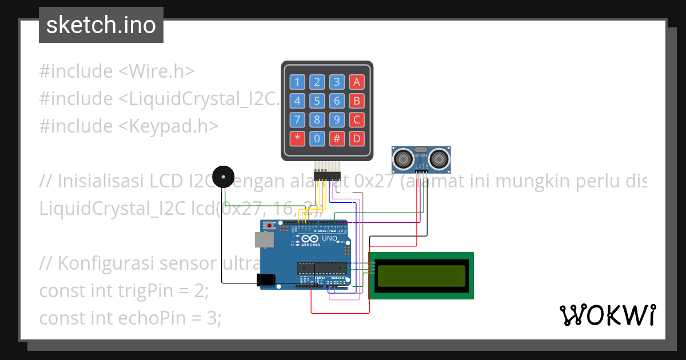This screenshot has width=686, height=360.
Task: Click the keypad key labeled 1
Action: coord(297,82)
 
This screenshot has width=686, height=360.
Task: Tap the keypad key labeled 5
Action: coord(317,101)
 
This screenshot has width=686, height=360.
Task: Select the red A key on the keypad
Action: coord(357,82)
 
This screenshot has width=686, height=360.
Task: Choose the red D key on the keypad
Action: coord(357,138)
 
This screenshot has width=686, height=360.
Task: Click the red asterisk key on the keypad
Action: coord(297,138)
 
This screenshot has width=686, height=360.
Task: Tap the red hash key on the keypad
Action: coord(337,138)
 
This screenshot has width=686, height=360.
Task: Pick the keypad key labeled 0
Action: coord(317,138)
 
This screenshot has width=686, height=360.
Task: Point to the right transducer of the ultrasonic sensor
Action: coord(439,157)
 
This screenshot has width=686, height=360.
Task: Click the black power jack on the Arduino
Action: coord(266,279)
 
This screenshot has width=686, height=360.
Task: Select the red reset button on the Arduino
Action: coord(269,226)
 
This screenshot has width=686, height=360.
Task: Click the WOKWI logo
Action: coord(607,315)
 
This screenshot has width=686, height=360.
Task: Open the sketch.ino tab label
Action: coord(101,25)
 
